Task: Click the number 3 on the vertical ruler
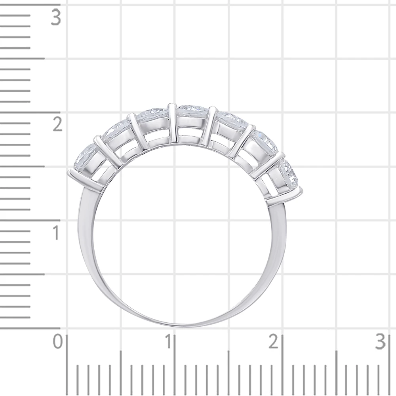click(x=56, y=17)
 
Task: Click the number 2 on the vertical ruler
click(x=57, y=124)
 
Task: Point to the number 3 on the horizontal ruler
click(x=381, y=342)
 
